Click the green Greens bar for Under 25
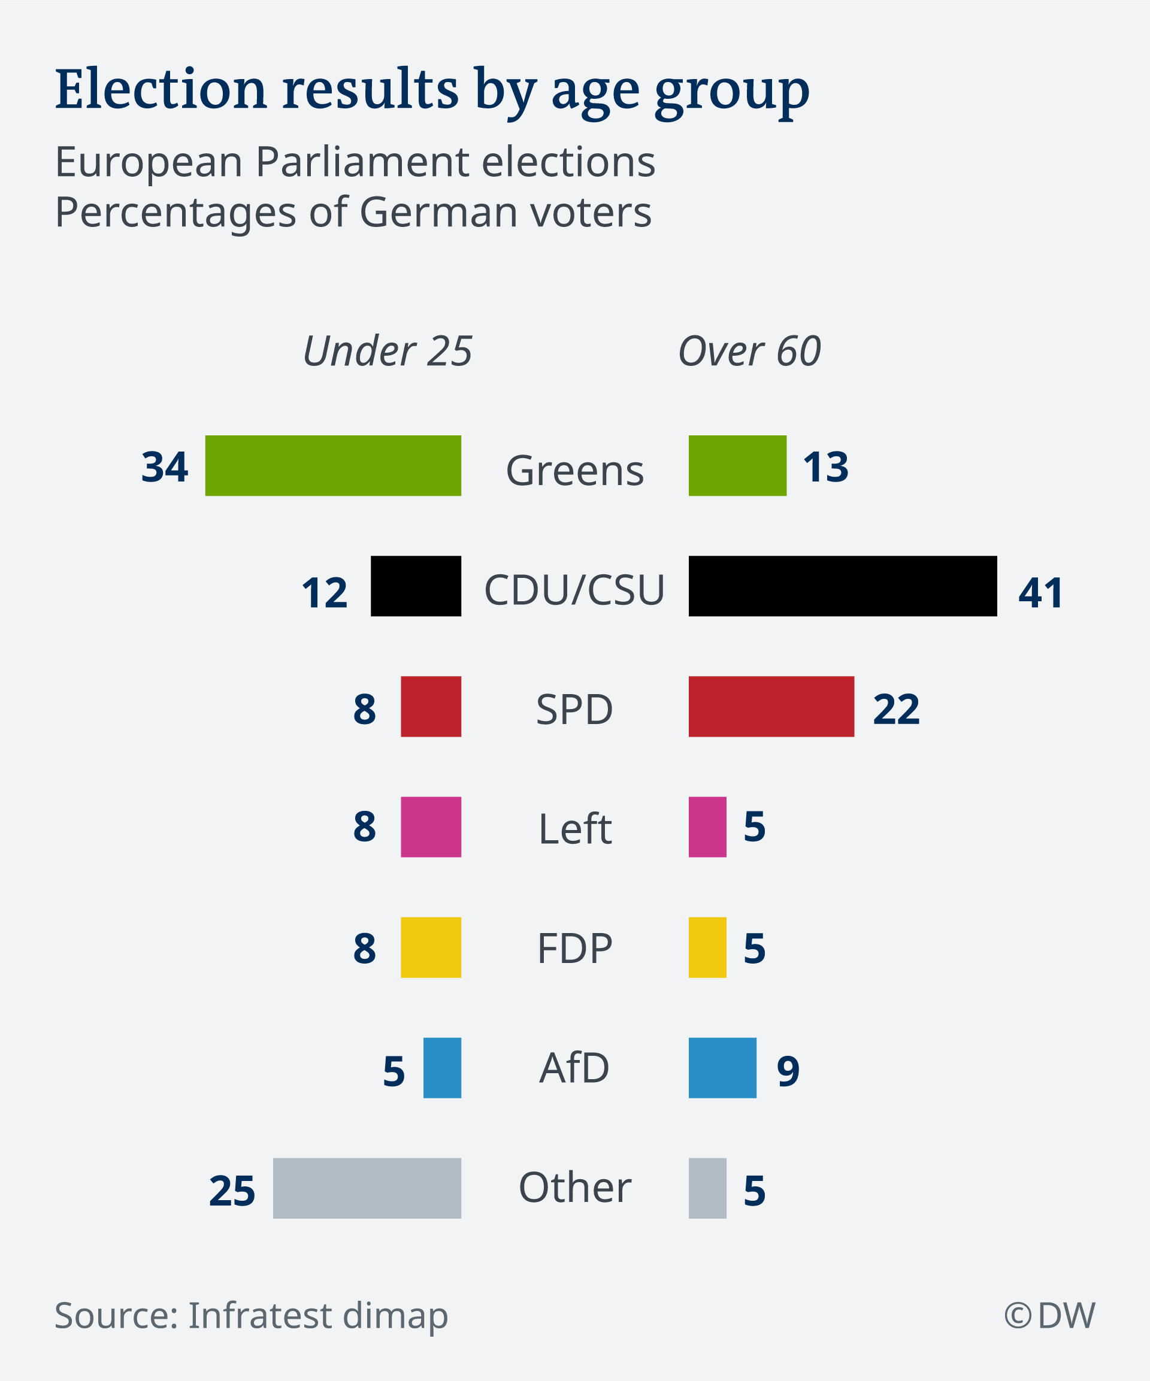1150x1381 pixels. (333, 465)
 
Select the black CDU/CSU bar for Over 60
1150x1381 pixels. (843, 586)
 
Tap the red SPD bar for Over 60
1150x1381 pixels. (771, 706)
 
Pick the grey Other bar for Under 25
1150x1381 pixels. (367, 1188)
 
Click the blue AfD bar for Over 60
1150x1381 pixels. (722, 1068)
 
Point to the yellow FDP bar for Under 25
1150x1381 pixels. (431, 947)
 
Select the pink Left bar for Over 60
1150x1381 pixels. (707, 827)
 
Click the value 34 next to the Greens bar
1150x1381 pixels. (165, 467)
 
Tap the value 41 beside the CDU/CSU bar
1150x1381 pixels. (1041, 592)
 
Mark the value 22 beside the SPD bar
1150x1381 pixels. (896, 709)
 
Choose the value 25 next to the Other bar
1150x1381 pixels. (232, 1191)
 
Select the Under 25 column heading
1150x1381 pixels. (388, 350)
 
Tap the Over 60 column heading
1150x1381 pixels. (749, 350)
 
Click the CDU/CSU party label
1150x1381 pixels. (574, 590)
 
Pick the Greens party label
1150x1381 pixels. (574, 471)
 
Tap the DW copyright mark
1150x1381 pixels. (1049, 1315)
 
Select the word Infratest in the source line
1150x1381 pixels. (261, 1315)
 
